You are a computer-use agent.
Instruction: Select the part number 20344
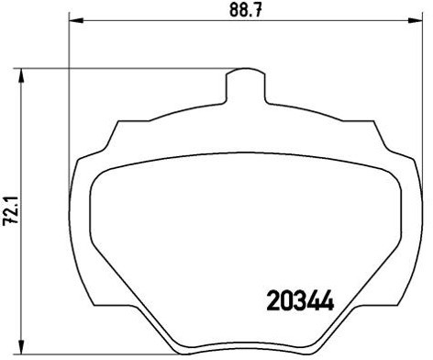coord(298,300)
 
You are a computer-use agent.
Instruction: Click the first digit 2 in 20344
coord(272,300)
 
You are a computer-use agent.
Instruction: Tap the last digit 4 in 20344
coord(324,300)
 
